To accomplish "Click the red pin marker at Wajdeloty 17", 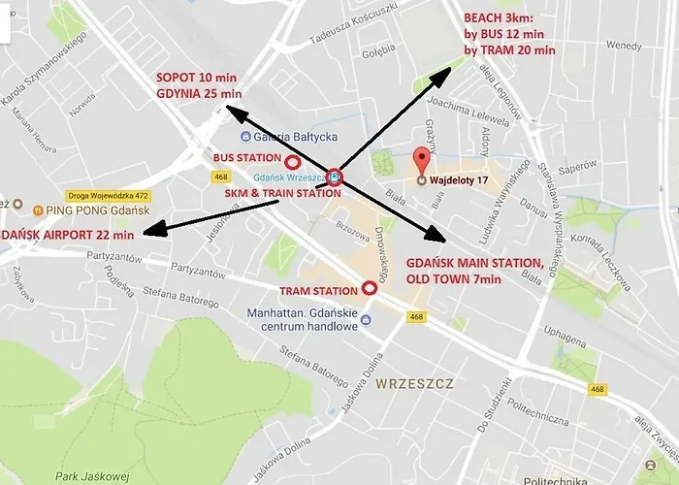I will (421, 160).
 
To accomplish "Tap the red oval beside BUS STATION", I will (298, 158).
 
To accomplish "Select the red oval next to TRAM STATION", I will (370, 287).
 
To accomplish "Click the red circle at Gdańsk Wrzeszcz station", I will (335, 177).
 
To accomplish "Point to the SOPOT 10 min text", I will (197, 77).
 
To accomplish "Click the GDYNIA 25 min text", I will (199, 93).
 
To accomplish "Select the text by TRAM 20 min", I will (509, 49).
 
